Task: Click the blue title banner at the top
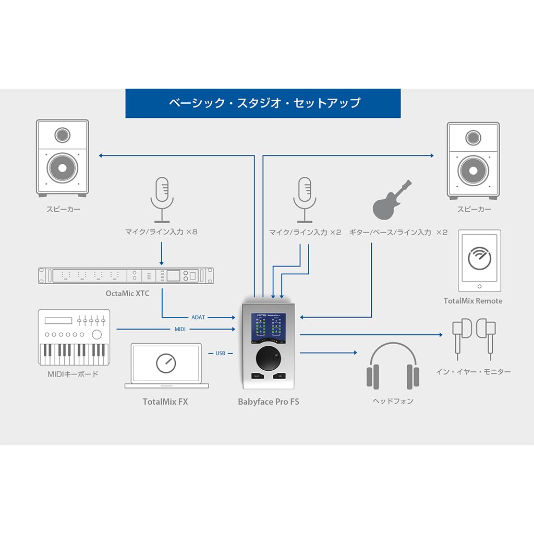click(263, 103)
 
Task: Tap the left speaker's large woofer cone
click(62, 168)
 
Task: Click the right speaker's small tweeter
click(473, 138)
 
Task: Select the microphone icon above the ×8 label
click(161, 198)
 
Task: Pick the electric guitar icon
click(393, 200)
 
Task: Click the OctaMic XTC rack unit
click(126, 275)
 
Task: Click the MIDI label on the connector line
click(180, 329)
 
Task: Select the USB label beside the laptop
click(221, 354)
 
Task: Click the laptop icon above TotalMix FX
click(166, 366)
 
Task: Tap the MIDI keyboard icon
click(74, 337)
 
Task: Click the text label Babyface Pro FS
click(269, 402)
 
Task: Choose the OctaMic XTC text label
click(127, 294)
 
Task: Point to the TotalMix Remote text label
click(473, 301)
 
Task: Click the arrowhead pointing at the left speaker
click(101, 155)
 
